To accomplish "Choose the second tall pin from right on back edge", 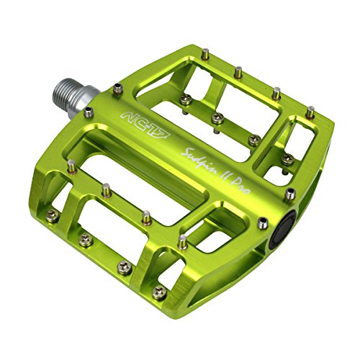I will pos(276,91).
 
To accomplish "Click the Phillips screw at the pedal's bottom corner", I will pos(160,291).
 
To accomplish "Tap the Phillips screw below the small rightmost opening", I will pos(287,160).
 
